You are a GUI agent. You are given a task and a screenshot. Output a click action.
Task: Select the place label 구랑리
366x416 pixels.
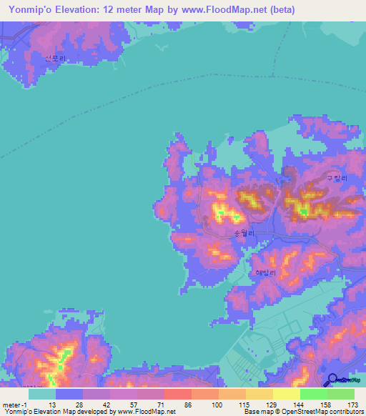pyautogui.click(x=335, y=179)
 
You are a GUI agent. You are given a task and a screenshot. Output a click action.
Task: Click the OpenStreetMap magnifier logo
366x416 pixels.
pyautogui.click(x=334, y=380)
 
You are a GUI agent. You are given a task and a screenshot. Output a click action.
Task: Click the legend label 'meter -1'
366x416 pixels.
pyautogui.click(x=16, y=404)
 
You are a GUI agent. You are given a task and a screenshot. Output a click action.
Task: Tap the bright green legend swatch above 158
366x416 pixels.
pyautogui.click(x=313, y=394)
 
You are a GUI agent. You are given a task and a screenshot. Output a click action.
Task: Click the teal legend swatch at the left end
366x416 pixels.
pyautogui.click(x=42, y=394)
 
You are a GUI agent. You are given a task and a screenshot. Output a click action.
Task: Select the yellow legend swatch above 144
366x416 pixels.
pyautogui.click(x=286, y=394)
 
